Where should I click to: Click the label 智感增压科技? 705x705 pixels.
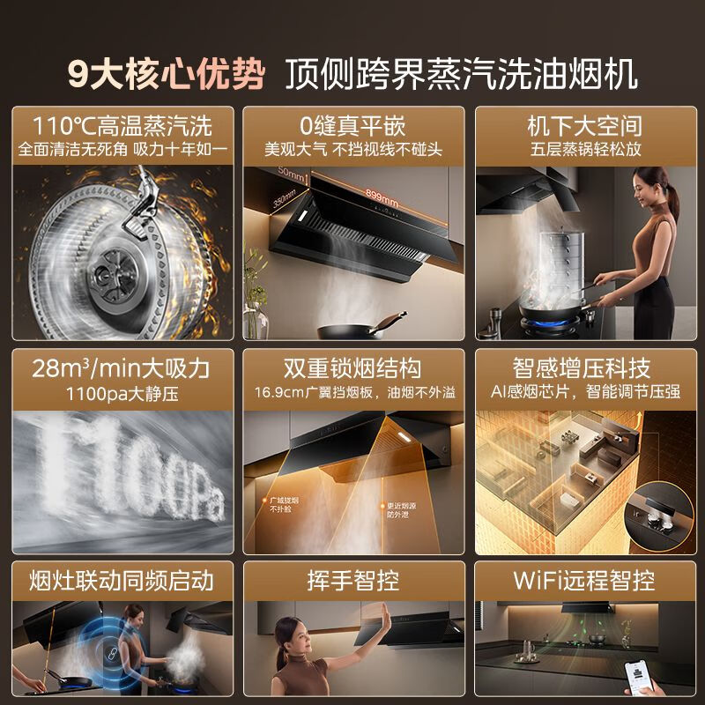click(584, 367)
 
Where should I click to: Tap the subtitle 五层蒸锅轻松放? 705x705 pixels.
click(584, 149)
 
